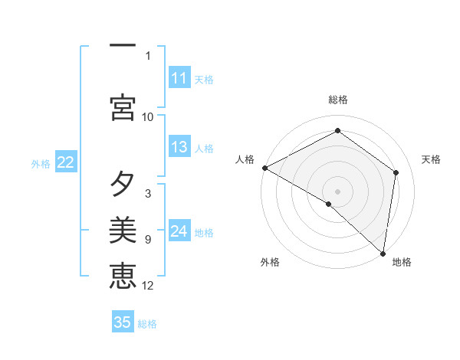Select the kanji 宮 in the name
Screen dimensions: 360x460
123,106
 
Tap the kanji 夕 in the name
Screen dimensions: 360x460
123,184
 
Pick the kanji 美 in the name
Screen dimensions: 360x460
123,229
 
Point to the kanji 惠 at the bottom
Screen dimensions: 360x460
123,275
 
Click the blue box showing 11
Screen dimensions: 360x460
179,78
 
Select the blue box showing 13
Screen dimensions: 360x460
179,147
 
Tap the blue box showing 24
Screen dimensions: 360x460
179,231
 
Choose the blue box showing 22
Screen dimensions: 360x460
66,162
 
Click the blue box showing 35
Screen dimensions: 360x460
123,322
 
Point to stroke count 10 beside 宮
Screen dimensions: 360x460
148,116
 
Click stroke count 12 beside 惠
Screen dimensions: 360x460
148,286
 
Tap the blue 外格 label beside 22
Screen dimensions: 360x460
41,163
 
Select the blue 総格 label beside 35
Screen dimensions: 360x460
147,324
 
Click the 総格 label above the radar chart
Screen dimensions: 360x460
337,100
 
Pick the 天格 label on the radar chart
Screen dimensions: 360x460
431,159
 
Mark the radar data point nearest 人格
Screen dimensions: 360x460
264,168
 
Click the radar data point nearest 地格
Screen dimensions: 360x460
383,253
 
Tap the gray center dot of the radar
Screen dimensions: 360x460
337,191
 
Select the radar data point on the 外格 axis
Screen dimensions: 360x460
329,204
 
